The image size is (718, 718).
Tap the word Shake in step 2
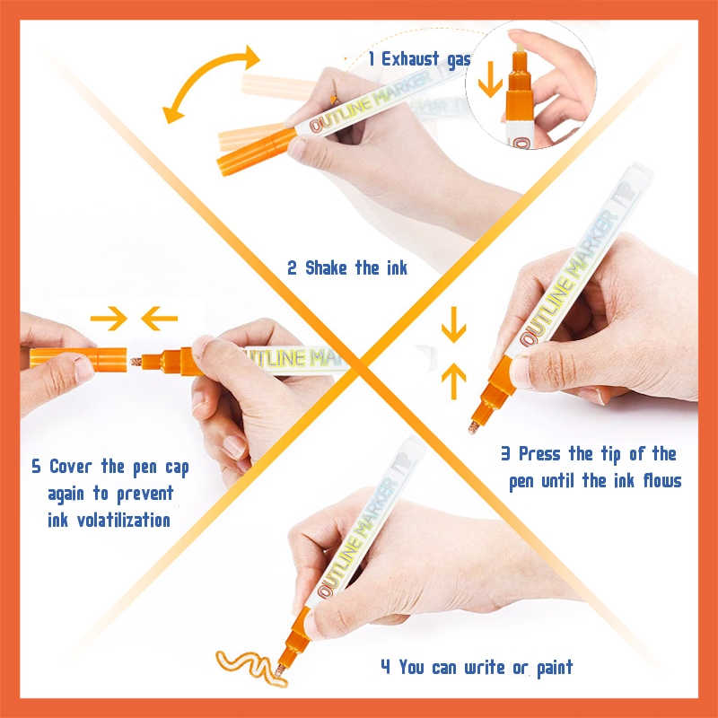[326, 267]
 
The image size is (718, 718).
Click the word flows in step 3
[662, 481]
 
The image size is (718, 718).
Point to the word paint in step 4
[555, 668]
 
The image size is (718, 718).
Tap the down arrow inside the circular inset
[490, 79]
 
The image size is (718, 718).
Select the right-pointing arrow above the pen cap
[109, 319]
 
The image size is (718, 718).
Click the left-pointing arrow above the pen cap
[159, 319]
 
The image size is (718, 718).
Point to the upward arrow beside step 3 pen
[453, 381]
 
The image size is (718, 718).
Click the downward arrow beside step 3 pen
[453, 325]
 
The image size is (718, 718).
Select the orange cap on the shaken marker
[256, 152]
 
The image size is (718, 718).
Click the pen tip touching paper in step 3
[473, 428]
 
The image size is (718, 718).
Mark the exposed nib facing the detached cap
[136, 362]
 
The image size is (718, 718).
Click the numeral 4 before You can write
[385, 667]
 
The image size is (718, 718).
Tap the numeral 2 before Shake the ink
[292, 267]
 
